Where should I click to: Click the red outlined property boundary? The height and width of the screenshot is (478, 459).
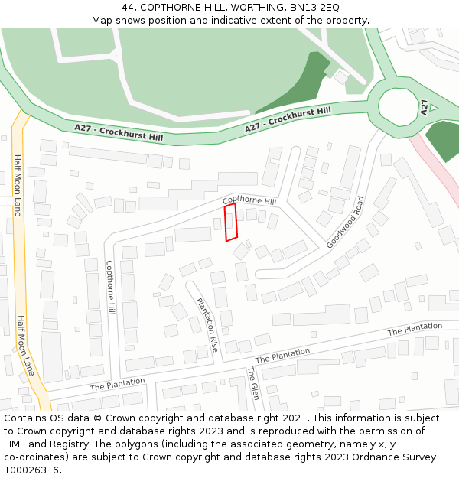click(230, 222)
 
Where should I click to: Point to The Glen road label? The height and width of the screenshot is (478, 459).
click(253, 383)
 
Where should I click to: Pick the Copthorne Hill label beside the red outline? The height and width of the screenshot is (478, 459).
click(249, 201)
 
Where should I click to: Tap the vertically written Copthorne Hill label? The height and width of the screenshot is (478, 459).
click(110, 288)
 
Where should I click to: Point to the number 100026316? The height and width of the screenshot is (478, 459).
click(31, 470)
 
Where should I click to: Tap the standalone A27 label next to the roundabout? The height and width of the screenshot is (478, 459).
click(424, 106)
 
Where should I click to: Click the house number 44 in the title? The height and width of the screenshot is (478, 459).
click(127, 7)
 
